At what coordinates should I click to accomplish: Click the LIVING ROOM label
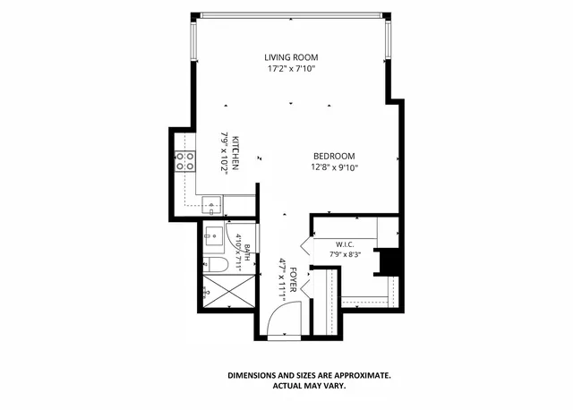[x=291, y=57]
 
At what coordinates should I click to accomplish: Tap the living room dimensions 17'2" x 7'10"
[x=291, y=69]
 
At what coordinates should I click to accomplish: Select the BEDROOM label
[x=334, y=157]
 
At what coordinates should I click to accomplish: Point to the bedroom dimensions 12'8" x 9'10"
[x=334, y=167]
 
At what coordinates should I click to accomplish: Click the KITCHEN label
[x=235, y=153]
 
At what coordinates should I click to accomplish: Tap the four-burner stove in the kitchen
[x=185, y=161]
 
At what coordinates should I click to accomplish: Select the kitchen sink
[x=211, y=205]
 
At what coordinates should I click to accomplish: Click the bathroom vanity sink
[x=214, y=236]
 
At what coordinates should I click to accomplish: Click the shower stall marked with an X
[x=229, y=292]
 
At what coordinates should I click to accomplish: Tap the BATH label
[x=247, y=252]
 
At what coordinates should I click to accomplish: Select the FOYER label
[x=293, y=279]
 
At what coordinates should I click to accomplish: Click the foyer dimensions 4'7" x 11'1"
[x=282, y=280]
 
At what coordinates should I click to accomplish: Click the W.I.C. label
[x=345, y=244]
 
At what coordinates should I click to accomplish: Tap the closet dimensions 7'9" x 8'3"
[x=345, y=254]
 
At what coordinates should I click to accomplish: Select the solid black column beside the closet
[x=389, y=262]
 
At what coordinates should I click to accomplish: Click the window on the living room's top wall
[x=291, y=15]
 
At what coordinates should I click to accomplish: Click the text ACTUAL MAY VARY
[x=309, y=386]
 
